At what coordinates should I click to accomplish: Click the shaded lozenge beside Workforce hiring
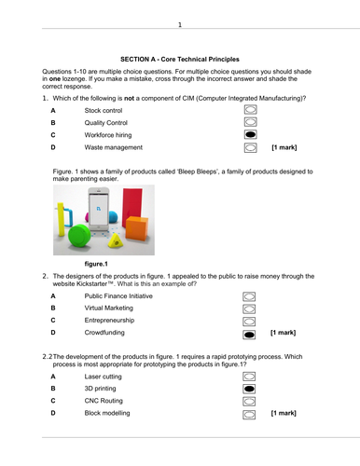251,134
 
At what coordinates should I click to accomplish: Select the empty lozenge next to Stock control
251,110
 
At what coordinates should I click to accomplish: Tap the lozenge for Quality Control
251,122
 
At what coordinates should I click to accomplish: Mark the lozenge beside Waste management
251,147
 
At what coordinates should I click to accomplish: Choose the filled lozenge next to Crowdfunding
249,335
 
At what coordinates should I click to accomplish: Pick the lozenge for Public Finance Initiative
249,296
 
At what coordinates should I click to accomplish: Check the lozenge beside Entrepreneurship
249,322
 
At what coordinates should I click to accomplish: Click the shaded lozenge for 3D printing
249,389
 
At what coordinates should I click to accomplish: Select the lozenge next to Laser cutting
249,377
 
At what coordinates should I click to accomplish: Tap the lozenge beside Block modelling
249,415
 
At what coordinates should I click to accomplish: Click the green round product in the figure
79,236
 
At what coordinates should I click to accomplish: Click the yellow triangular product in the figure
116,241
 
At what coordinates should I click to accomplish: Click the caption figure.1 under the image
96,264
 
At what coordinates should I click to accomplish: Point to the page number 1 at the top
180,24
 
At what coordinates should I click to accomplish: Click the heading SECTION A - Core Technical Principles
180,60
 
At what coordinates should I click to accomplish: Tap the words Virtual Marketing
109,308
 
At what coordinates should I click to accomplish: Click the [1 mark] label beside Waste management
284,147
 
